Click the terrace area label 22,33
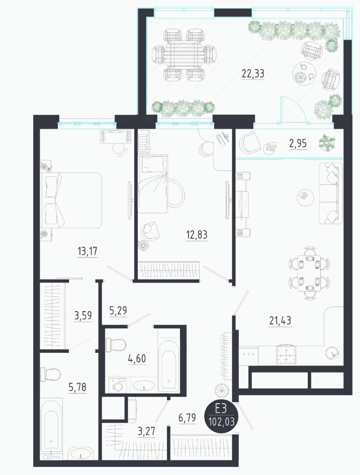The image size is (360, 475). [253, 73]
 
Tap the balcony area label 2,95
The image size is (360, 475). [298, 143]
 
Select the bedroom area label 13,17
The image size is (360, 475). [87, 251]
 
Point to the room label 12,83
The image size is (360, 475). [197, 234]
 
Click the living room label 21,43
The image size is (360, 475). [280, 320]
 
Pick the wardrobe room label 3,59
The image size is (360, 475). [83, 315]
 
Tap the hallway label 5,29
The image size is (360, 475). [118, 311]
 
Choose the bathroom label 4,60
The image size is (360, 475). [137, 358]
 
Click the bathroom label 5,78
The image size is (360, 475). [77, 387]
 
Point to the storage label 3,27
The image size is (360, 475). [147, 431]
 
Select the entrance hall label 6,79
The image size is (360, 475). [187, 418]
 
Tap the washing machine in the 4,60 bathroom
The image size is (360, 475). [117, 385]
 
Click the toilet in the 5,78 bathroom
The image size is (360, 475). [50, 375]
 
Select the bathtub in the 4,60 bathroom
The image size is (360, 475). [168, 365]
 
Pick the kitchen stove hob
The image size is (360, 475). [286, 354]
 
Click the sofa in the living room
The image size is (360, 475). [331, 194]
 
